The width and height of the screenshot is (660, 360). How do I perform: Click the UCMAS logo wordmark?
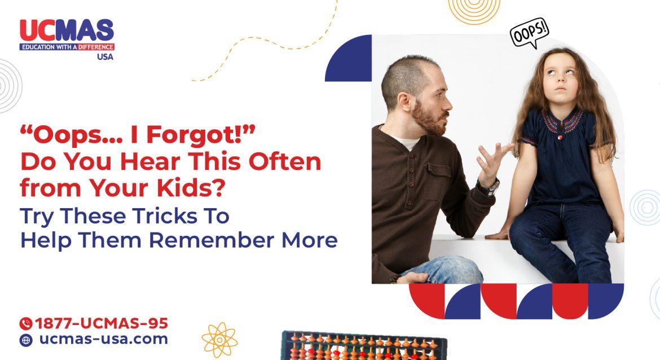pyautogui.click(x=67, y=30)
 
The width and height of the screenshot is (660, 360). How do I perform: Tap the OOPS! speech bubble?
pyautogui.click(x=529, y=34)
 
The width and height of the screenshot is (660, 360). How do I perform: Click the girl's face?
pyautogui.click(x=558, y=82)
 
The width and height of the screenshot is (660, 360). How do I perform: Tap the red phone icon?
pyautogui.click(x=26, y=324)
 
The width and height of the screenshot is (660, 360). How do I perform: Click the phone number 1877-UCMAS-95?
pyautogui.click(x=102, y=324)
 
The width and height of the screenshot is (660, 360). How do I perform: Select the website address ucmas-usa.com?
pyautogui.click(x=103, y=340)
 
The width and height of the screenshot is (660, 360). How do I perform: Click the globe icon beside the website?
pyautogui.click(x=26, y=340)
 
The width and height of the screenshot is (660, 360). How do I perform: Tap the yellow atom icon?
pyautogui.click(x=219, y=339)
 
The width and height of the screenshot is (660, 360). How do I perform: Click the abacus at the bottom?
pyautogui.click(x=364, y=345)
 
